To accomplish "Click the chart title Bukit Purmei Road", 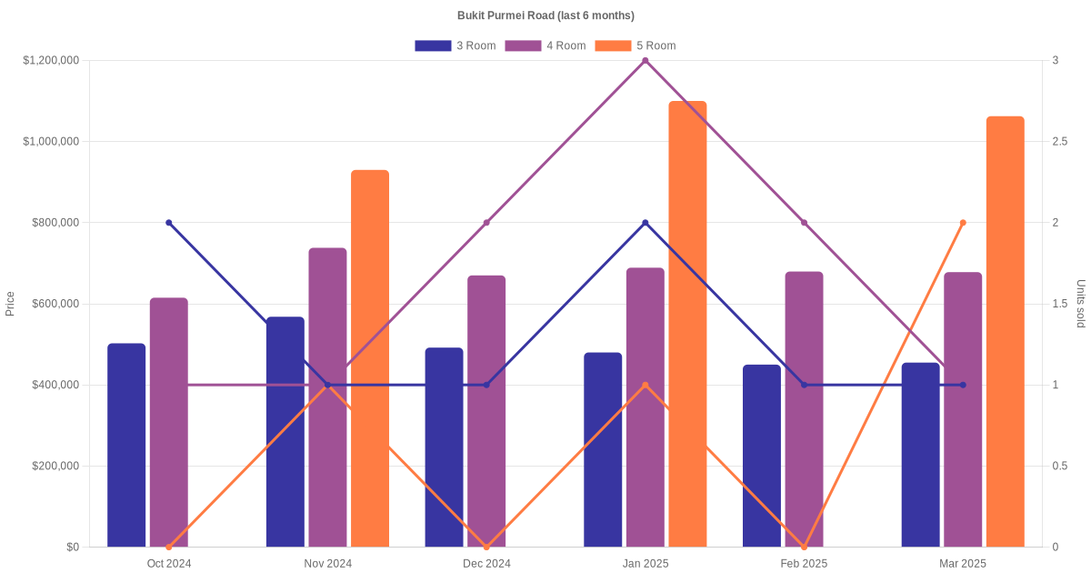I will pos(545,15).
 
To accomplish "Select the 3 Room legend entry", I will pos(455,45).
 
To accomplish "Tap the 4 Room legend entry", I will pos(545,45).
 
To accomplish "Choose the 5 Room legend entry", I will pos(635,45).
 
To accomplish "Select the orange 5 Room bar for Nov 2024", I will pos(370,358).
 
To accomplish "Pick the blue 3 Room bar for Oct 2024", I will pos(126,445).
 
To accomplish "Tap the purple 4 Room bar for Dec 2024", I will pos(486,411).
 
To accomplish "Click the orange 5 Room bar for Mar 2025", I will pos(1005,331).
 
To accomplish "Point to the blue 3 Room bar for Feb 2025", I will pos(762,456).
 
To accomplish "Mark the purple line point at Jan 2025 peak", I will pos(646,61).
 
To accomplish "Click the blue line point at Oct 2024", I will pos(169,223).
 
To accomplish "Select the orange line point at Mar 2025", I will pos(963,223).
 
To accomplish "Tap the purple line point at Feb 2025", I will pos(804,223).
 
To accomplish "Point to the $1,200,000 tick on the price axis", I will pos(52,61).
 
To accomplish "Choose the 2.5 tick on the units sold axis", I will pos(1060,142).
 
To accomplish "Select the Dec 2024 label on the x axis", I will pos(486,564).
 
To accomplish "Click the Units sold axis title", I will pos(1080,304).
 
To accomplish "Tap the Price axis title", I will pos(10,304).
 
